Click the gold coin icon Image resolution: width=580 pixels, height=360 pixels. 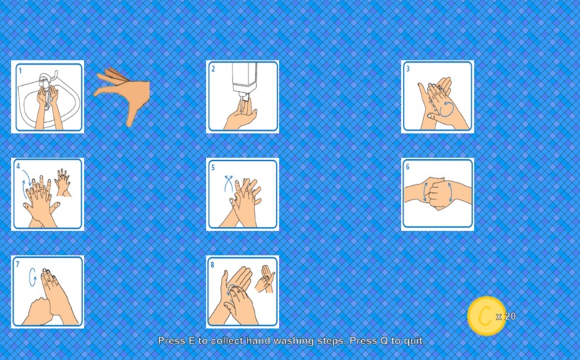(486, 315)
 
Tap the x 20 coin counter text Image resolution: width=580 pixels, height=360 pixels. (506, 316)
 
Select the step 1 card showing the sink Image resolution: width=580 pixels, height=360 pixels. (47, 96)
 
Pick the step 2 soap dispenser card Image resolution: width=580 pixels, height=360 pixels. (243, 96)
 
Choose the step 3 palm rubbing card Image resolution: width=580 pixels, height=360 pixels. (438, 96)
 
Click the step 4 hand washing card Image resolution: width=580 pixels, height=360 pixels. (47, 194)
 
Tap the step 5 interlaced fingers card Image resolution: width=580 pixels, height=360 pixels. (243, 194)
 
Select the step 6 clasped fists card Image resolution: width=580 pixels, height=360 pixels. (438, 194)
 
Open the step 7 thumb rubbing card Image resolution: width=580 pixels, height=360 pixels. (47, 292)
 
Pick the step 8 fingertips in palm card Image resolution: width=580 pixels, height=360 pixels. (243, 292)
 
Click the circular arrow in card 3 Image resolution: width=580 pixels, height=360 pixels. (447, 109)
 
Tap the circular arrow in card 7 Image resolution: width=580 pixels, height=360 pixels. (32, 277)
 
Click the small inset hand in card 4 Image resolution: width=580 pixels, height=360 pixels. (63, 182)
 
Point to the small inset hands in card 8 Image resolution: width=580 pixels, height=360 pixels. (265, 279)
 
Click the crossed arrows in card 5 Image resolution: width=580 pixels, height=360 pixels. (229, 184)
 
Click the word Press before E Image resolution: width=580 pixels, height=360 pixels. (172, 341)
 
